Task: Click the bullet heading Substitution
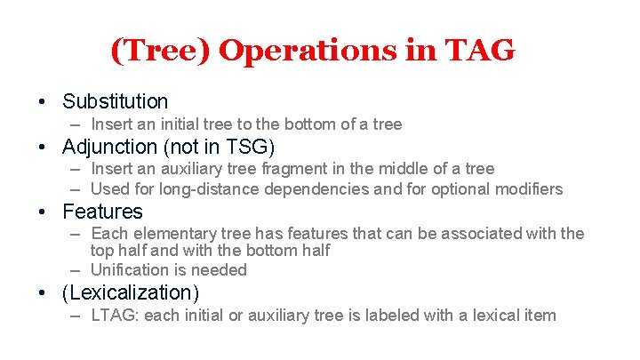(115, 102)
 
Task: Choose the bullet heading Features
(102, 212)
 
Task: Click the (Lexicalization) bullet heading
(131, 292)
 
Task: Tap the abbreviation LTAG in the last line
(115, 315)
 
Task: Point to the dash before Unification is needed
(76, 269)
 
